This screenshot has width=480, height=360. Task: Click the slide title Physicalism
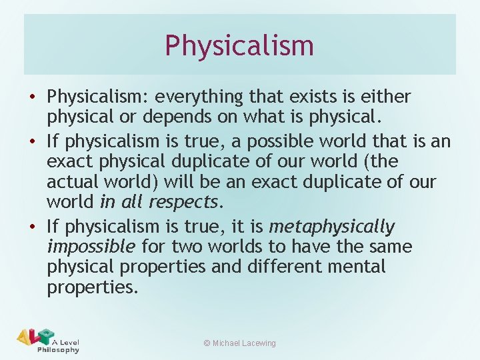point(239,45)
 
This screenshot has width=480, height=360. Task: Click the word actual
point(73,181)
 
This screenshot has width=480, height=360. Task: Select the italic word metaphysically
point(331,227)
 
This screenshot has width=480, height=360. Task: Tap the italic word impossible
point(91,247)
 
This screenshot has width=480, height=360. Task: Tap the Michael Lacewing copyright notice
point(239,343)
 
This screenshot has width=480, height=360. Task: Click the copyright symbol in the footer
point(207,343)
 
